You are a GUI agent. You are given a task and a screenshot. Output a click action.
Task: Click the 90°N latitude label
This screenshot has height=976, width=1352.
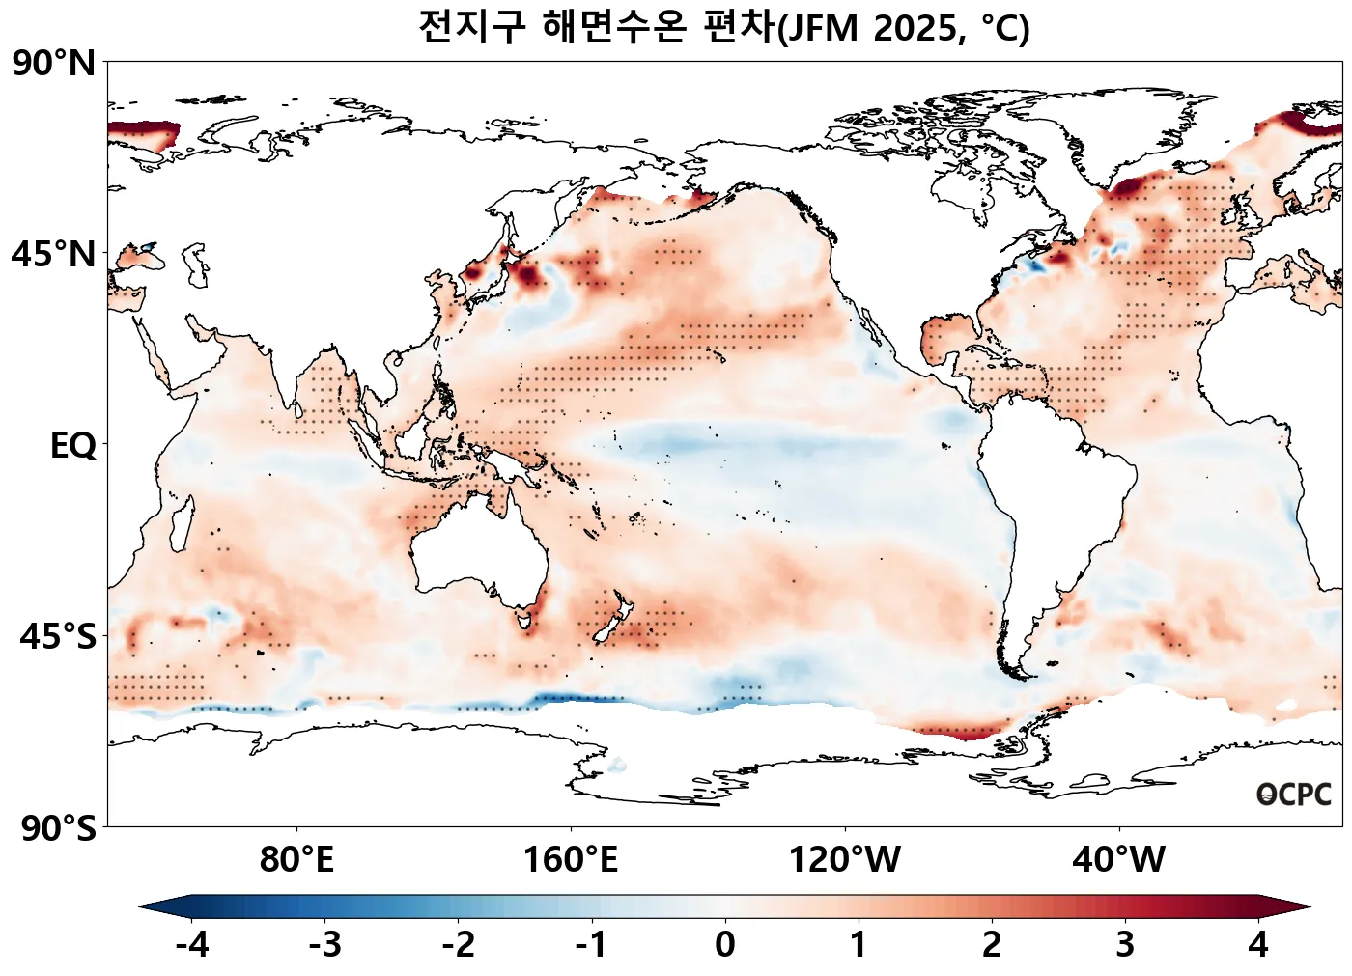54,64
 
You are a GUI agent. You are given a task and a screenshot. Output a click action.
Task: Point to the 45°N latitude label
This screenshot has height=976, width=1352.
54,255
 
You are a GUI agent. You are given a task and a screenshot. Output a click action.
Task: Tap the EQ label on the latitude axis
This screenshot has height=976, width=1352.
73,446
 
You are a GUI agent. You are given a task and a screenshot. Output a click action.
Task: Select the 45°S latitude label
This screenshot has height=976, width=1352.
58,637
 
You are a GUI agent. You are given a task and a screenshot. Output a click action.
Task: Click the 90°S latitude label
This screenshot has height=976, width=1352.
58,828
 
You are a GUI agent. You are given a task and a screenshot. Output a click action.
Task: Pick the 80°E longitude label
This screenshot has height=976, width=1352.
296,859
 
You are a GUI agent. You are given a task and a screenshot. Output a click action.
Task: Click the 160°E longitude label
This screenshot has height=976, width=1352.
571,859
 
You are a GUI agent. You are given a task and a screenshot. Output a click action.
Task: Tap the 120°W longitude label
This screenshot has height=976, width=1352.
845,859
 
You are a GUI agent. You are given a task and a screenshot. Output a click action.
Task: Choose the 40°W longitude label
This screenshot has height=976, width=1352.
1119,859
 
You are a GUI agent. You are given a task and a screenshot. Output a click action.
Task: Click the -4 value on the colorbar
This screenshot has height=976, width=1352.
192,944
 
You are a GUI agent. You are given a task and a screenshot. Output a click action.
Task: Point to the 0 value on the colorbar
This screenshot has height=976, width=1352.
725,944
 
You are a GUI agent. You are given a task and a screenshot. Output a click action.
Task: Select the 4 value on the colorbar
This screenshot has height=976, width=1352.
1257,944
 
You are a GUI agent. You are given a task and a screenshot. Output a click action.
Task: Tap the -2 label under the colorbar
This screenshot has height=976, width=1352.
459,944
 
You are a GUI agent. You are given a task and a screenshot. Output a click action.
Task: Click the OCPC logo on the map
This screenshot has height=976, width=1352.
1294,795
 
